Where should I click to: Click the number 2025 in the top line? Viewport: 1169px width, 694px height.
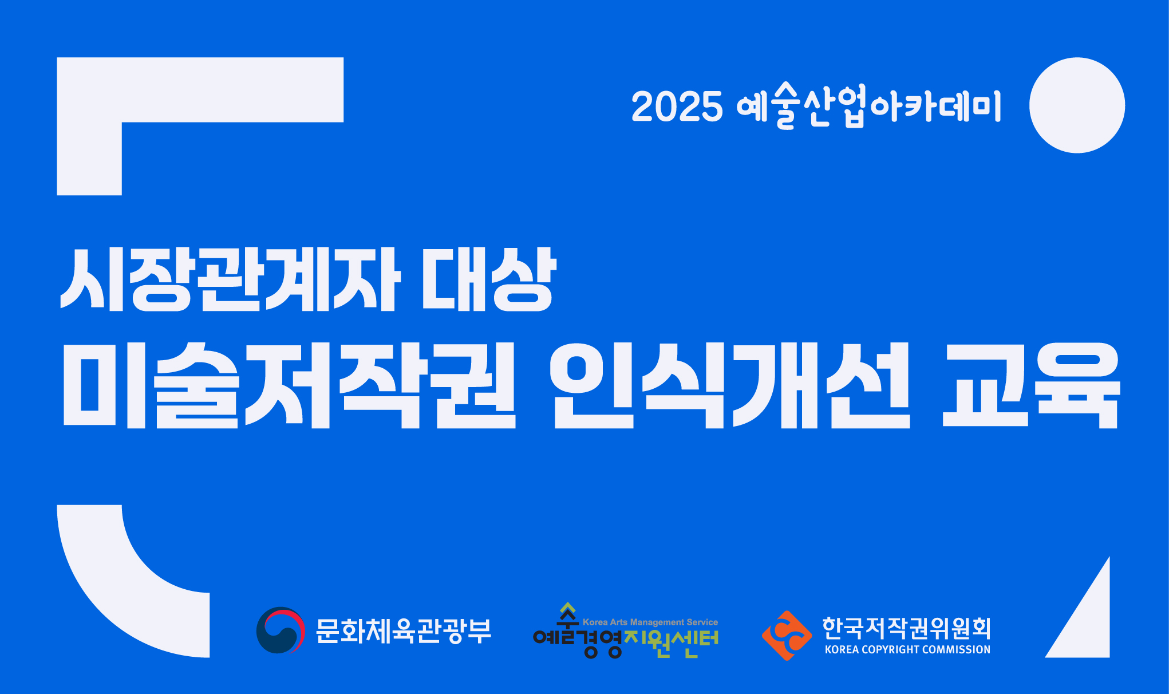pos(677,107)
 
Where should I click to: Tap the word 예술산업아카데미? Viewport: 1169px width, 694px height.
pos(869,106)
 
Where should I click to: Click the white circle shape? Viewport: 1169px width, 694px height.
pos(1077,105)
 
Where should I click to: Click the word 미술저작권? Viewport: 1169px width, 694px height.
pos(290,385)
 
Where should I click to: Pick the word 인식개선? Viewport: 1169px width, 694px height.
pos(730,385)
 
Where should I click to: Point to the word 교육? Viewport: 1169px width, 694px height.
pos(1030,385)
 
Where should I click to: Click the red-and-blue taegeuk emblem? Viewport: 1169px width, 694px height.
pos(281,630)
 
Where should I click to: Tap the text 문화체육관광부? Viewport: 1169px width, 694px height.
pos(404,631)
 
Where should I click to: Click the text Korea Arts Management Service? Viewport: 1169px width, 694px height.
pos(650,622)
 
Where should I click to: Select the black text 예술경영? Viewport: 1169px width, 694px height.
pos(577,640)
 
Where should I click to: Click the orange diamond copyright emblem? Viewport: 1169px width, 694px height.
pos(787,636)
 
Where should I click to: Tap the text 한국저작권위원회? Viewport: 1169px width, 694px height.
pos(907,628)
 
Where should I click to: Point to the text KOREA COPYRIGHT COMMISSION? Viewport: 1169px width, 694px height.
pos(907,649)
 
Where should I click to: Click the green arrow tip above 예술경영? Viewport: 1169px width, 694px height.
pos(567,602)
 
